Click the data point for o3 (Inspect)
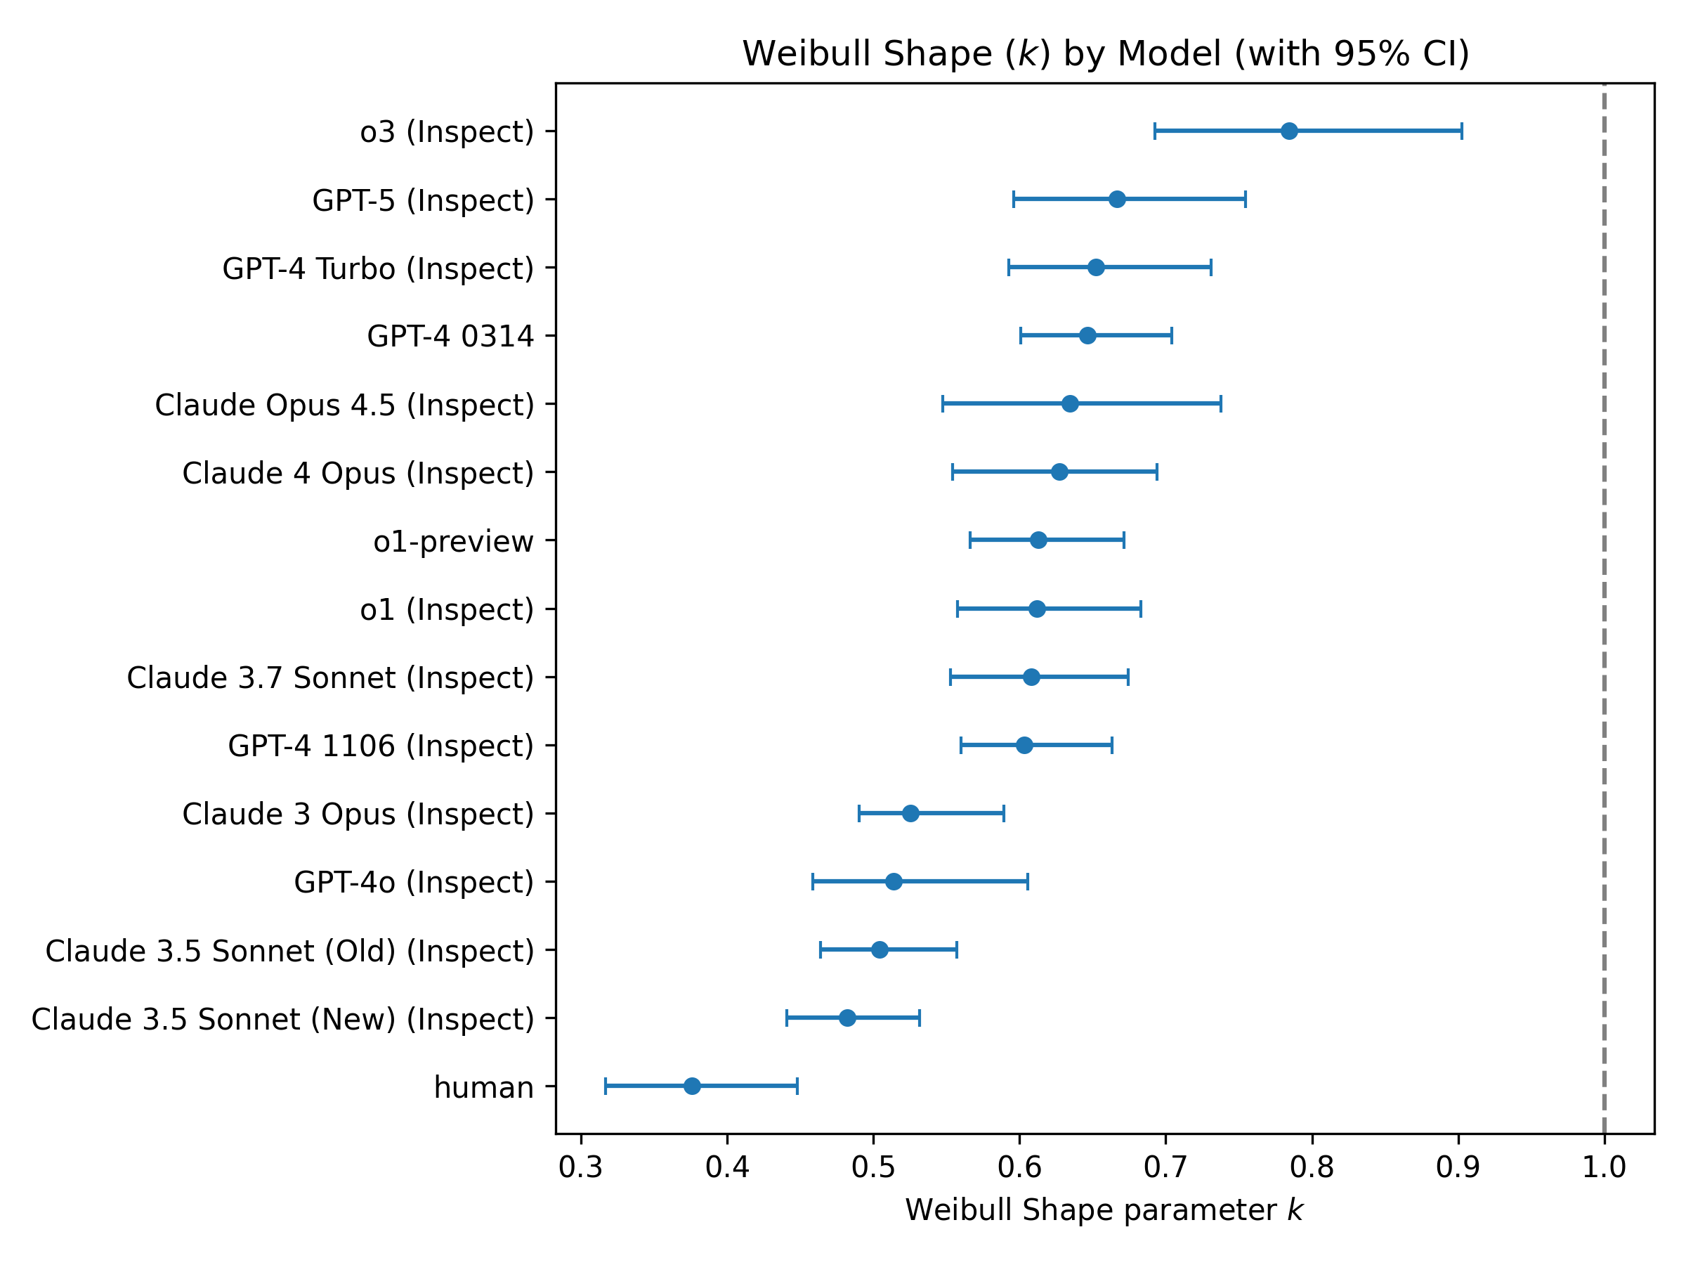click(1289, 131)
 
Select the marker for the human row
click(692, 1086)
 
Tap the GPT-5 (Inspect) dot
click(1117, 200)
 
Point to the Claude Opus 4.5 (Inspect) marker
click(1070, 404)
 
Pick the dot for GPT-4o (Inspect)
click(894, 882)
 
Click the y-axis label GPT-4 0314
click(450, 336)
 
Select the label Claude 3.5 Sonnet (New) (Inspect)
click(283, 1020)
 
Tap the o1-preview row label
click(454, 541)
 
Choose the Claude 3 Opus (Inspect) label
click(358, 815)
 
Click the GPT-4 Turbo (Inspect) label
click(378, 268)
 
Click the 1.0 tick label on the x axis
click(1605, 1167)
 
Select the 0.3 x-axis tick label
click(581, 1167)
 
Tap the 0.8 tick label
click(1312, 1167)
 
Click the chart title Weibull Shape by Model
click(1106, 54)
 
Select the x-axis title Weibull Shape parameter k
click(1104, 1210)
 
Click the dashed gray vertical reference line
click(1605, 610)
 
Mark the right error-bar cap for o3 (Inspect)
click(1461, 131)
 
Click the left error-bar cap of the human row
click(605, 1086)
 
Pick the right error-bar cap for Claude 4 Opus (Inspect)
click(1157, 473)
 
